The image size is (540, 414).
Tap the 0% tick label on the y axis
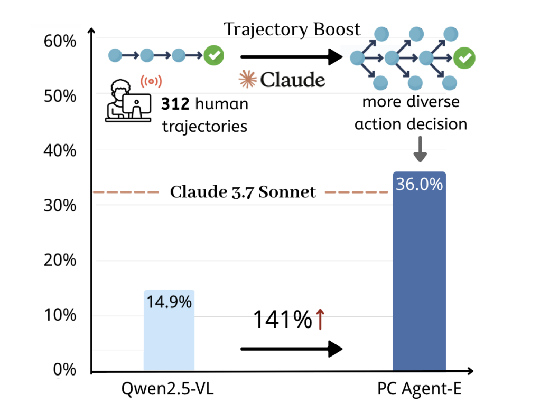click(64, 370)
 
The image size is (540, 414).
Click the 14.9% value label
click(169, 303)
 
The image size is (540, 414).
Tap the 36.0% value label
click(420, 185)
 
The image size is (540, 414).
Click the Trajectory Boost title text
click(292, 30)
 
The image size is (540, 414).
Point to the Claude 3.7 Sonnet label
click(243, 192)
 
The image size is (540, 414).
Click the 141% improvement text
click(282, 320)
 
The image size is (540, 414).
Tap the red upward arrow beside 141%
click(320, 320)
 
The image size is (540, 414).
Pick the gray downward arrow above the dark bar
click(420, 150)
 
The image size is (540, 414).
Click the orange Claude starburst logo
click(247, 79)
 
